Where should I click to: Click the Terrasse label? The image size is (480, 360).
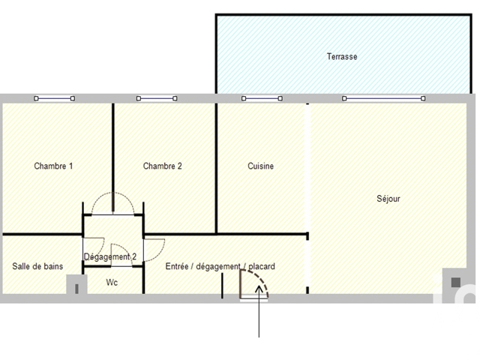click(x=342, y=57)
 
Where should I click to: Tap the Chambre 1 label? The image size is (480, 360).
click(x=53, y=166)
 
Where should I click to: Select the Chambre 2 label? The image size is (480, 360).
click(x=162, y=166)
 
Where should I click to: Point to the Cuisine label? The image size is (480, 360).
click(x=260, y=166)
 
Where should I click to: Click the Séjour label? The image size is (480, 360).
click(x=388, y=199)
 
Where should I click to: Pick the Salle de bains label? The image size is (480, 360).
click(x=37, y=266)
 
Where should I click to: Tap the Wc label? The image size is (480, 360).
click(x=112, y=282)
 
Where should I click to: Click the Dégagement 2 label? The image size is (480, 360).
click(x=110, y=256)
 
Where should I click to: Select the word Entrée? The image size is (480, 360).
click(x=177, y=266)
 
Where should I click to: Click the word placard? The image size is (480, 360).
click(x=262, y=267)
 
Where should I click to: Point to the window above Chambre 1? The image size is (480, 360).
click(x=55, y=98)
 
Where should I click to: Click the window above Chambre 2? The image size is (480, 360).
click(x=157, y=98)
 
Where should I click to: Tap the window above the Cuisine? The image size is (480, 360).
click(x=262, y=98)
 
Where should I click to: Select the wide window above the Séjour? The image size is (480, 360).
click(x=383, y=98)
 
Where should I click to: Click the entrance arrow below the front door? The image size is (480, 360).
click(x=259, y=311)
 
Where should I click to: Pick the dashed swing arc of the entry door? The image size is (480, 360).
click(x=261, y=278)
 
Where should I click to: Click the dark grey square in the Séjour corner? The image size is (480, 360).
click(x=456, y=282)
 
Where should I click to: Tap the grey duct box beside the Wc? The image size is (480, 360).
click(x=76, y=284)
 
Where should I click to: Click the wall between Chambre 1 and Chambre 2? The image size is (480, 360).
click(x=113, y=157)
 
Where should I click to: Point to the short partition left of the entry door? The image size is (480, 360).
click(x=222, y=286)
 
